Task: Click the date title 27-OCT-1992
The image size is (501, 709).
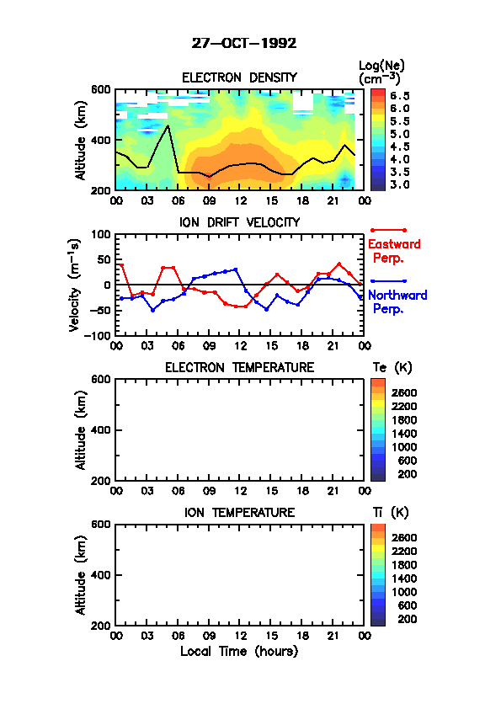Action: click(x=244, y=43)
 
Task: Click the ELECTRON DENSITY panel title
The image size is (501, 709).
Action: click(x=239, y=77)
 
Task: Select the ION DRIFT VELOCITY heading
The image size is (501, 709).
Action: click(x=239, y=222)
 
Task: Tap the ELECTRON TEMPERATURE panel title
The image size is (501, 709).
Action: click(x=239, y=368)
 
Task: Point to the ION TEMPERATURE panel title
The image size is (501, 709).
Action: click(x=239, y=512)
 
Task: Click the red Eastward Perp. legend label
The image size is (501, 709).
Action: click(x=394, y=252)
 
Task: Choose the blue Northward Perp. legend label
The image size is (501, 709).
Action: click(x=397, y=302)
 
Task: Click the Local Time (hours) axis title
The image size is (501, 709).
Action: click(x=239, y=652)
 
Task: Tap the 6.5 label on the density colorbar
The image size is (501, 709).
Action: click(x=400, y=96)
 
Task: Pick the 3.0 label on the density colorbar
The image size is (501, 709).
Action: click(x=400, y=184)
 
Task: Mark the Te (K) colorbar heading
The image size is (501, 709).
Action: click(x=392, y=368)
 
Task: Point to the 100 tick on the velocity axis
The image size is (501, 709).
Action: click(x=101, y=234)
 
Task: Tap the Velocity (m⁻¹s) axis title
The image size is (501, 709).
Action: click(x=75, y=285)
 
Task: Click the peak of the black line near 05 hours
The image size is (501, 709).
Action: click(x=168, y=125)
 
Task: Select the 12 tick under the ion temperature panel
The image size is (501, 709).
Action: click(x=241, y=636)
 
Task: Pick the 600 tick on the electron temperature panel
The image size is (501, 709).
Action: click(x=101, y=380)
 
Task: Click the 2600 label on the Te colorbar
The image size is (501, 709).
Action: click(x=404, y=392)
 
